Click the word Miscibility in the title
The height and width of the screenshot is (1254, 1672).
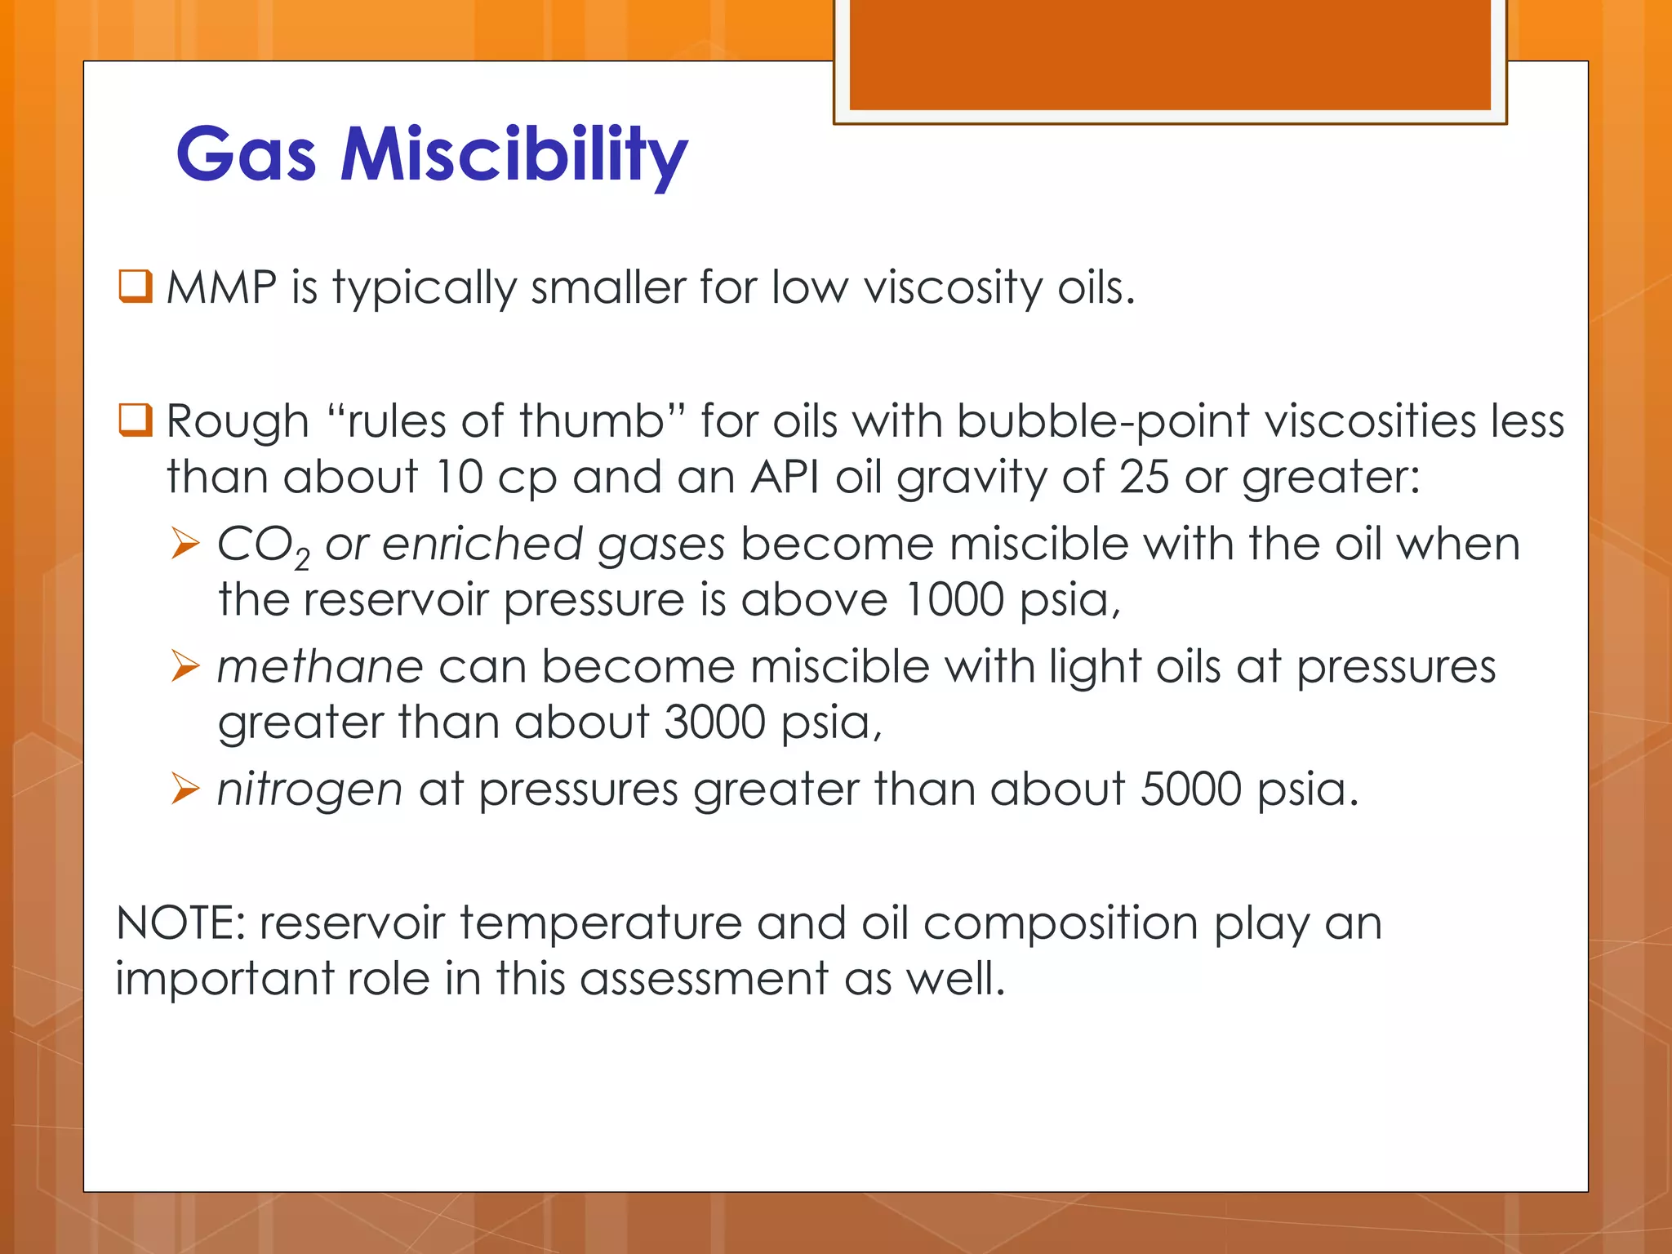[x=514, y=155]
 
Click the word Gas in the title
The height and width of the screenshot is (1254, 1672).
[x=246, y=155]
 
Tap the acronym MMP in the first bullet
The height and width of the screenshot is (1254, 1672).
[x=221, y=288]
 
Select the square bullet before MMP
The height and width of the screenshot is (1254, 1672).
[x=136, y=287]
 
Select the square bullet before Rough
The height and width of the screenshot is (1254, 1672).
[x=136, y=420]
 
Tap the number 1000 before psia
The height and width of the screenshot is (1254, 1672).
[x=954, y=600]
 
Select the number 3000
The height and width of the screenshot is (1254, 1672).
[x=715, y=723]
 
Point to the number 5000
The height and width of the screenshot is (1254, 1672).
[x=1191, y=789]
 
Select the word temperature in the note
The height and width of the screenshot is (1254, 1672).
[x=600, y=923]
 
